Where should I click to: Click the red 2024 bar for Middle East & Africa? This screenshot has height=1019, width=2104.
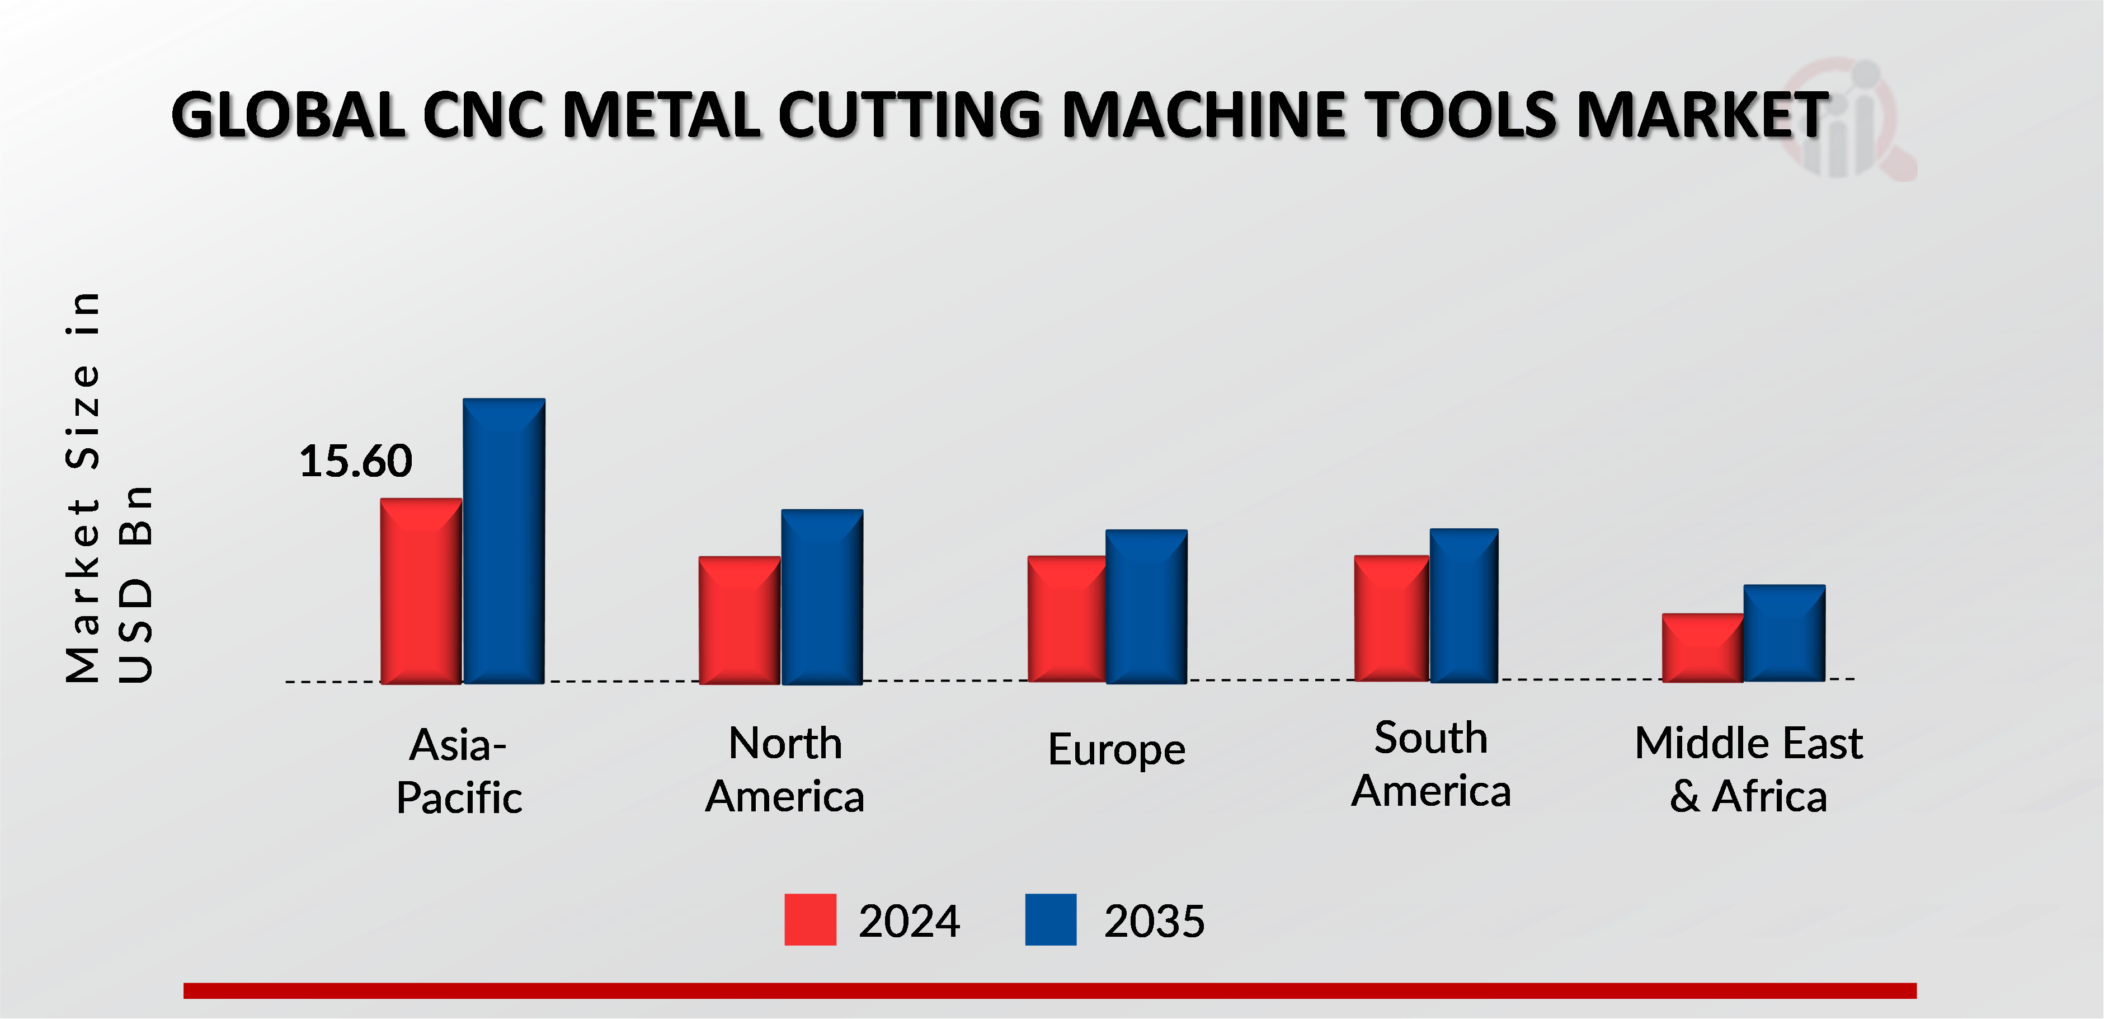(1702, 647)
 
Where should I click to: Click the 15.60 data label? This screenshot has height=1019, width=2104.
(355, 461)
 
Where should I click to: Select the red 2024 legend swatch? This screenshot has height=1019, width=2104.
(809, 919)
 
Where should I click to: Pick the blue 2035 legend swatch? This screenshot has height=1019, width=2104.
(1051, 919)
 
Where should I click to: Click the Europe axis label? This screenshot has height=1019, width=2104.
(1117, 749)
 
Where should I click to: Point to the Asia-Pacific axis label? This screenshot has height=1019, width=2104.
(459, 771)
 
